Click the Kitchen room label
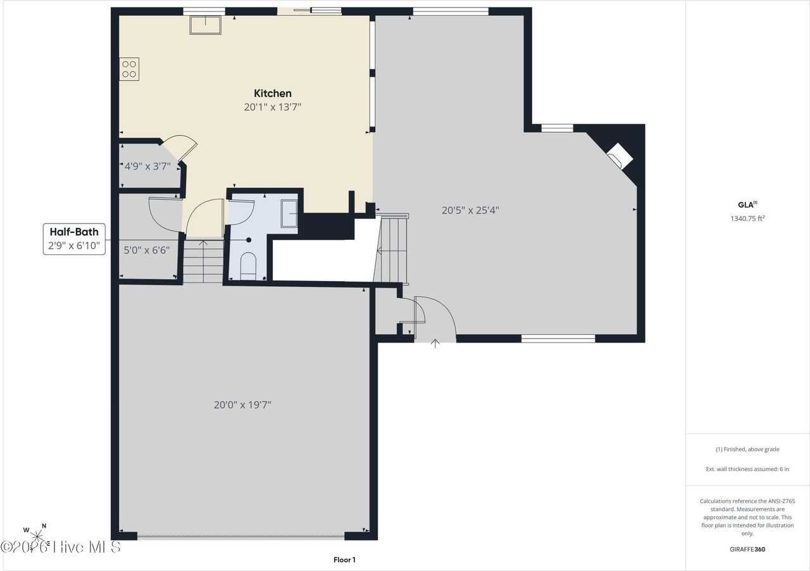pyautogui.click(x=273, y=93)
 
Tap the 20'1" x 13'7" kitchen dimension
pyautogui.click(x=273, y=107)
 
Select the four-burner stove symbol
pyautogui.click(x=129, y=69)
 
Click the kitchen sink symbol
pyautogui.click(x=206, y=25)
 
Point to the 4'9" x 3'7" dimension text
pyautogui.click(x=147, y=166)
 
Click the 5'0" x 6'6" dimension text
pyautogui.click(x=147, y=250)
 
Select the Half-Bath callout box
pyautogui.click(x=74, y=239)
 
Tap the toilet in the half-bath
pyautogui.click(x=249, y=266)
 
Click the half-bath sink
pyautogui.click(x=289, y=213)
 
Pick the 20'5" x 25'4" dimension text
pyautogui.click(x=470, y=210)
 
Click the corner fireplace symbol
pyautogui.click(x=620, y=156)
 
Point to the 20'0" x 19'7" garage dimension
pyautogui.click(x=242, y=405)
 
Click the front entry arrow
pyautogui.click(x=435, y=343)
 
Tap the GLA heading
pyautogui.click(x=747, y=205)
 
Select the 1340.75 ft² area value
pyautogui.click(x=747, y=218)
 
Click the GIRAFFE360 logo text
pyautogui.click(x=747, y=549)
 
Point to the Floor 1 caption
pyautogui.click(x=345, y=560)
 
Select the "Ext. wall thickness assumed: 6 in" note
pyautogui.click(x=747, y=469)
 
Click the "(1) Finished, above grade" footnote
pyautogui.click(x=747, y=449)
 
